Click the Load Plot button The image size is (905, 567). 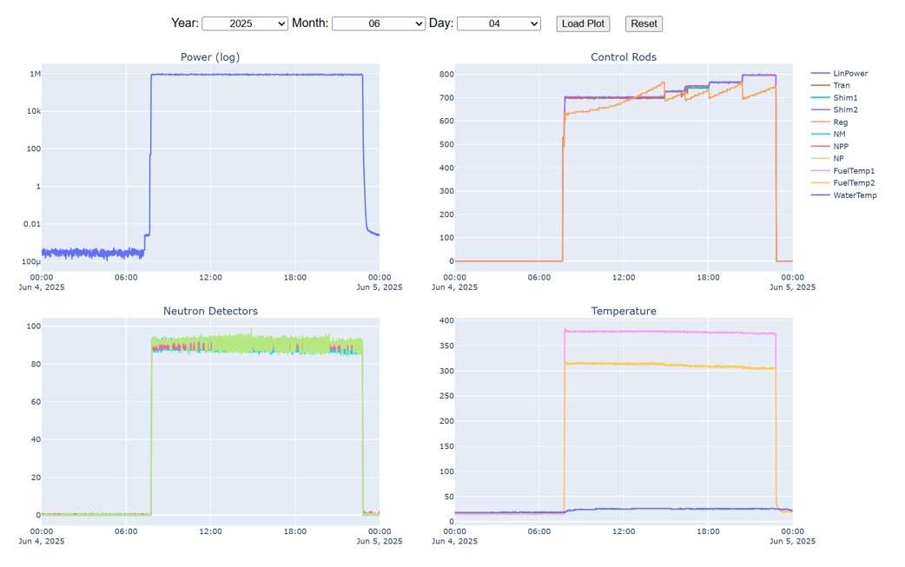pyautogui.click(x=583, y=23)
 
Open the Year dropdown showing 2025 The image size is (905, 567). pyautogui.click(x=244, y=23)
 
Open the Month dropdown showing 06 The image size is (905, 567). pyautogui.click(x=378, y=23)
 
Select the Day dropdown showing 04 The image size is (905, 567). pyautogui.click(x=498, y=23)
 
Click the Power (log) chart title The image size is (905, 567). pyautogui.click(x=210, y=57)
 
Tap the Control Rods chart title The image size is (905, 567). pyautogui.click(x=623, y=57)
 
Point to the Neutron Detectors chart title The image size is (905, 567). pyautogui.click(x=210, y=311)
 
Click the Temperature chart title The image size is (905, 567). pyautogui.click(x=623, y=311)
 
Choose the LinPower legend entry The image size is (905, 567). pyautogui.click(x=849, y=74)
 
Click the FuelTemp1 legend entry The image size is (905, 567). pyautogui.click(x=853, y=171)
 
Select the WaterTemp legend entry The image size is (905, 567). pyautogui.click(x=854, y=195)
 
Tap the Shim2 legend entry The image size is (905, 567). pyautogui.click(x=845, y=110)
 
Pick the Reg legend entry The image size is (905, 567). pyautogui.click(x=840, y=122)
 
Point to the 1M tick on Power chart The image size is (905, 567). pyautogui.click(x=36, y=74)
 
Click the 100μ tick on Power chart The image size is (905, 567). pyautogui.click(x=31, y=261)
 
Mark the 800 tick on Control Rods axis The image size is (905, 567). pyautogui.click(x=446, y=74)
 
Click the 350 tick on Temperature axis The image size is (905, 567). pyautogui.click(x=446, y=346)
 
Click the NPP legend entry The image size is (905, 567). pyautogui.click(x=840, y=147)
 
